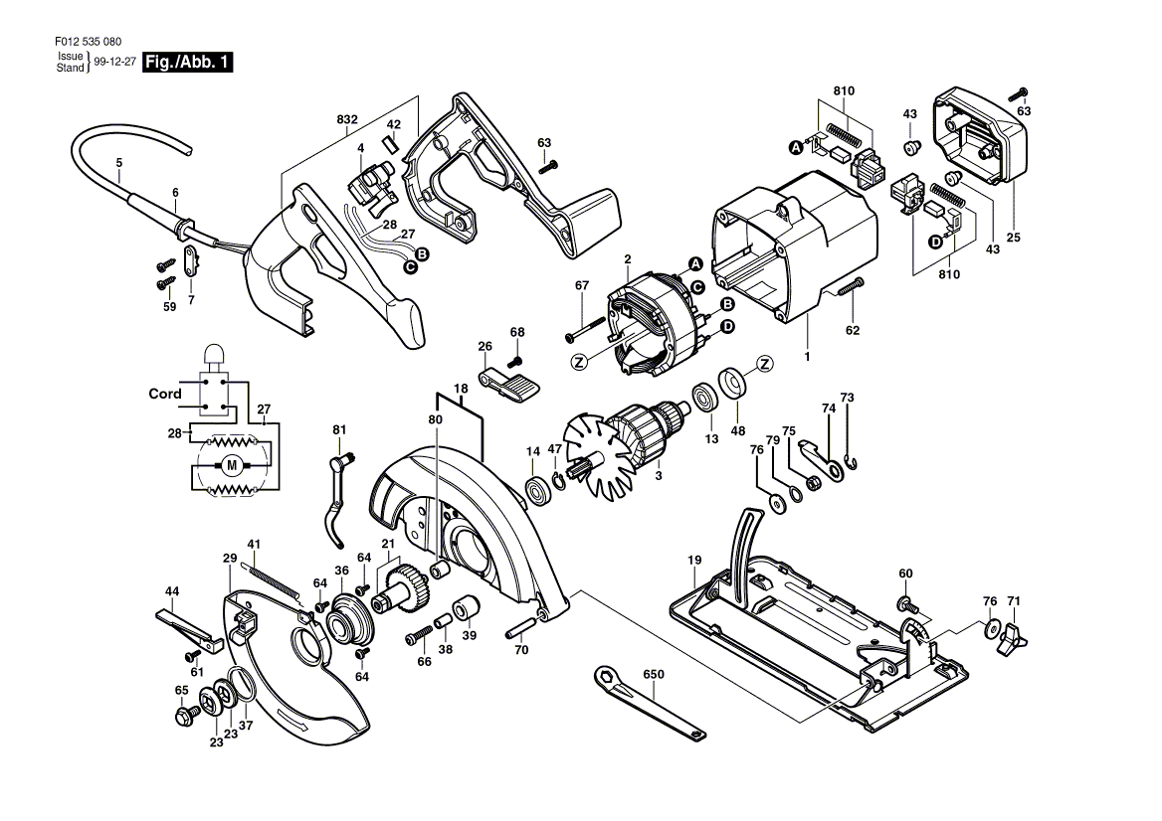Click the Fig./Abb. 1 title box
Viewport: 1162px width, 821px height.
(189, 63)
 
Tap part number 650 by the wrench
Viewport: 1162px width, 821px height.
(653, 674)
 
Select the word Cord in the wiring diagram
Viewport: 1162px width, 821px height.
(165, 394)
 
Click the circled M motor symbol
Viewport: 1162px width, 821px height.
(232, 464)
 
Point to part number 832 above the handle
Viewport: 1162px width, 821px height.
(347, 118)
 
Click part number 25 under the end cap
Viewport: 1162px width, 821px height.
(1014, 238)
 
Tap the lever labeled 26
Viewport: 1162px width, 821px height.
(505, 384)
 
